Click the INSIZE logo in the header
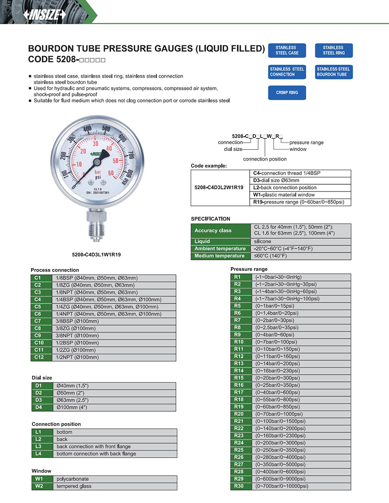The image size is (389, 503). pos(45,14)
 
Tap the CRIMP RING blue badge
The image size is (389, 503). pos(287,93)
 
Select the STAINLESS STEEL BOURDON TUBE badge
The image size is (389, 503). pos(333,72)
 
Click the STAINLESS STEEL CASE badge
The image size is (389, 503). pos(287,50)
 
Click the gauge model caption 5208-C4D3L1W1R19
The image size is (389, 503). pos(96,255)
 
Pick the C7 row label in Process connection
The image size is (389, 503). pos(37,321)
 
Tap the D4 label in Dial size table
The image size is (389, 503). pos(38,407)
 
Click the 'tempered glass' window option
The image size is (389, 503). pos(74,486)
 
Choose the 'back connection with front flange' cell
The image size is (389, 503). pos(93,446)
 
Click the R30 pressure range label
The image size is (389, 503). pos(239,486)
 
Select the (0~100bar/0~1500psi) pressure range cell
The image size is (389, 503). pos(280,421)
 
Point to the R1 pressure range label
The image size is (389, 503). pos(237,277)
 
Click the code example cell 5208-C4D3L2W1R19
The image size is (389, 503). pos(219,188)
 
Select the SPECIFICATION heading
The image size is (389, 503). pos(210,219)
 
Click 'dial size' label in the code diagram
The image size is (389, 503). pos(233,149)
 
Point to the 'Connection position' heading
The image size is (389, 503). pos(56,424)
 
